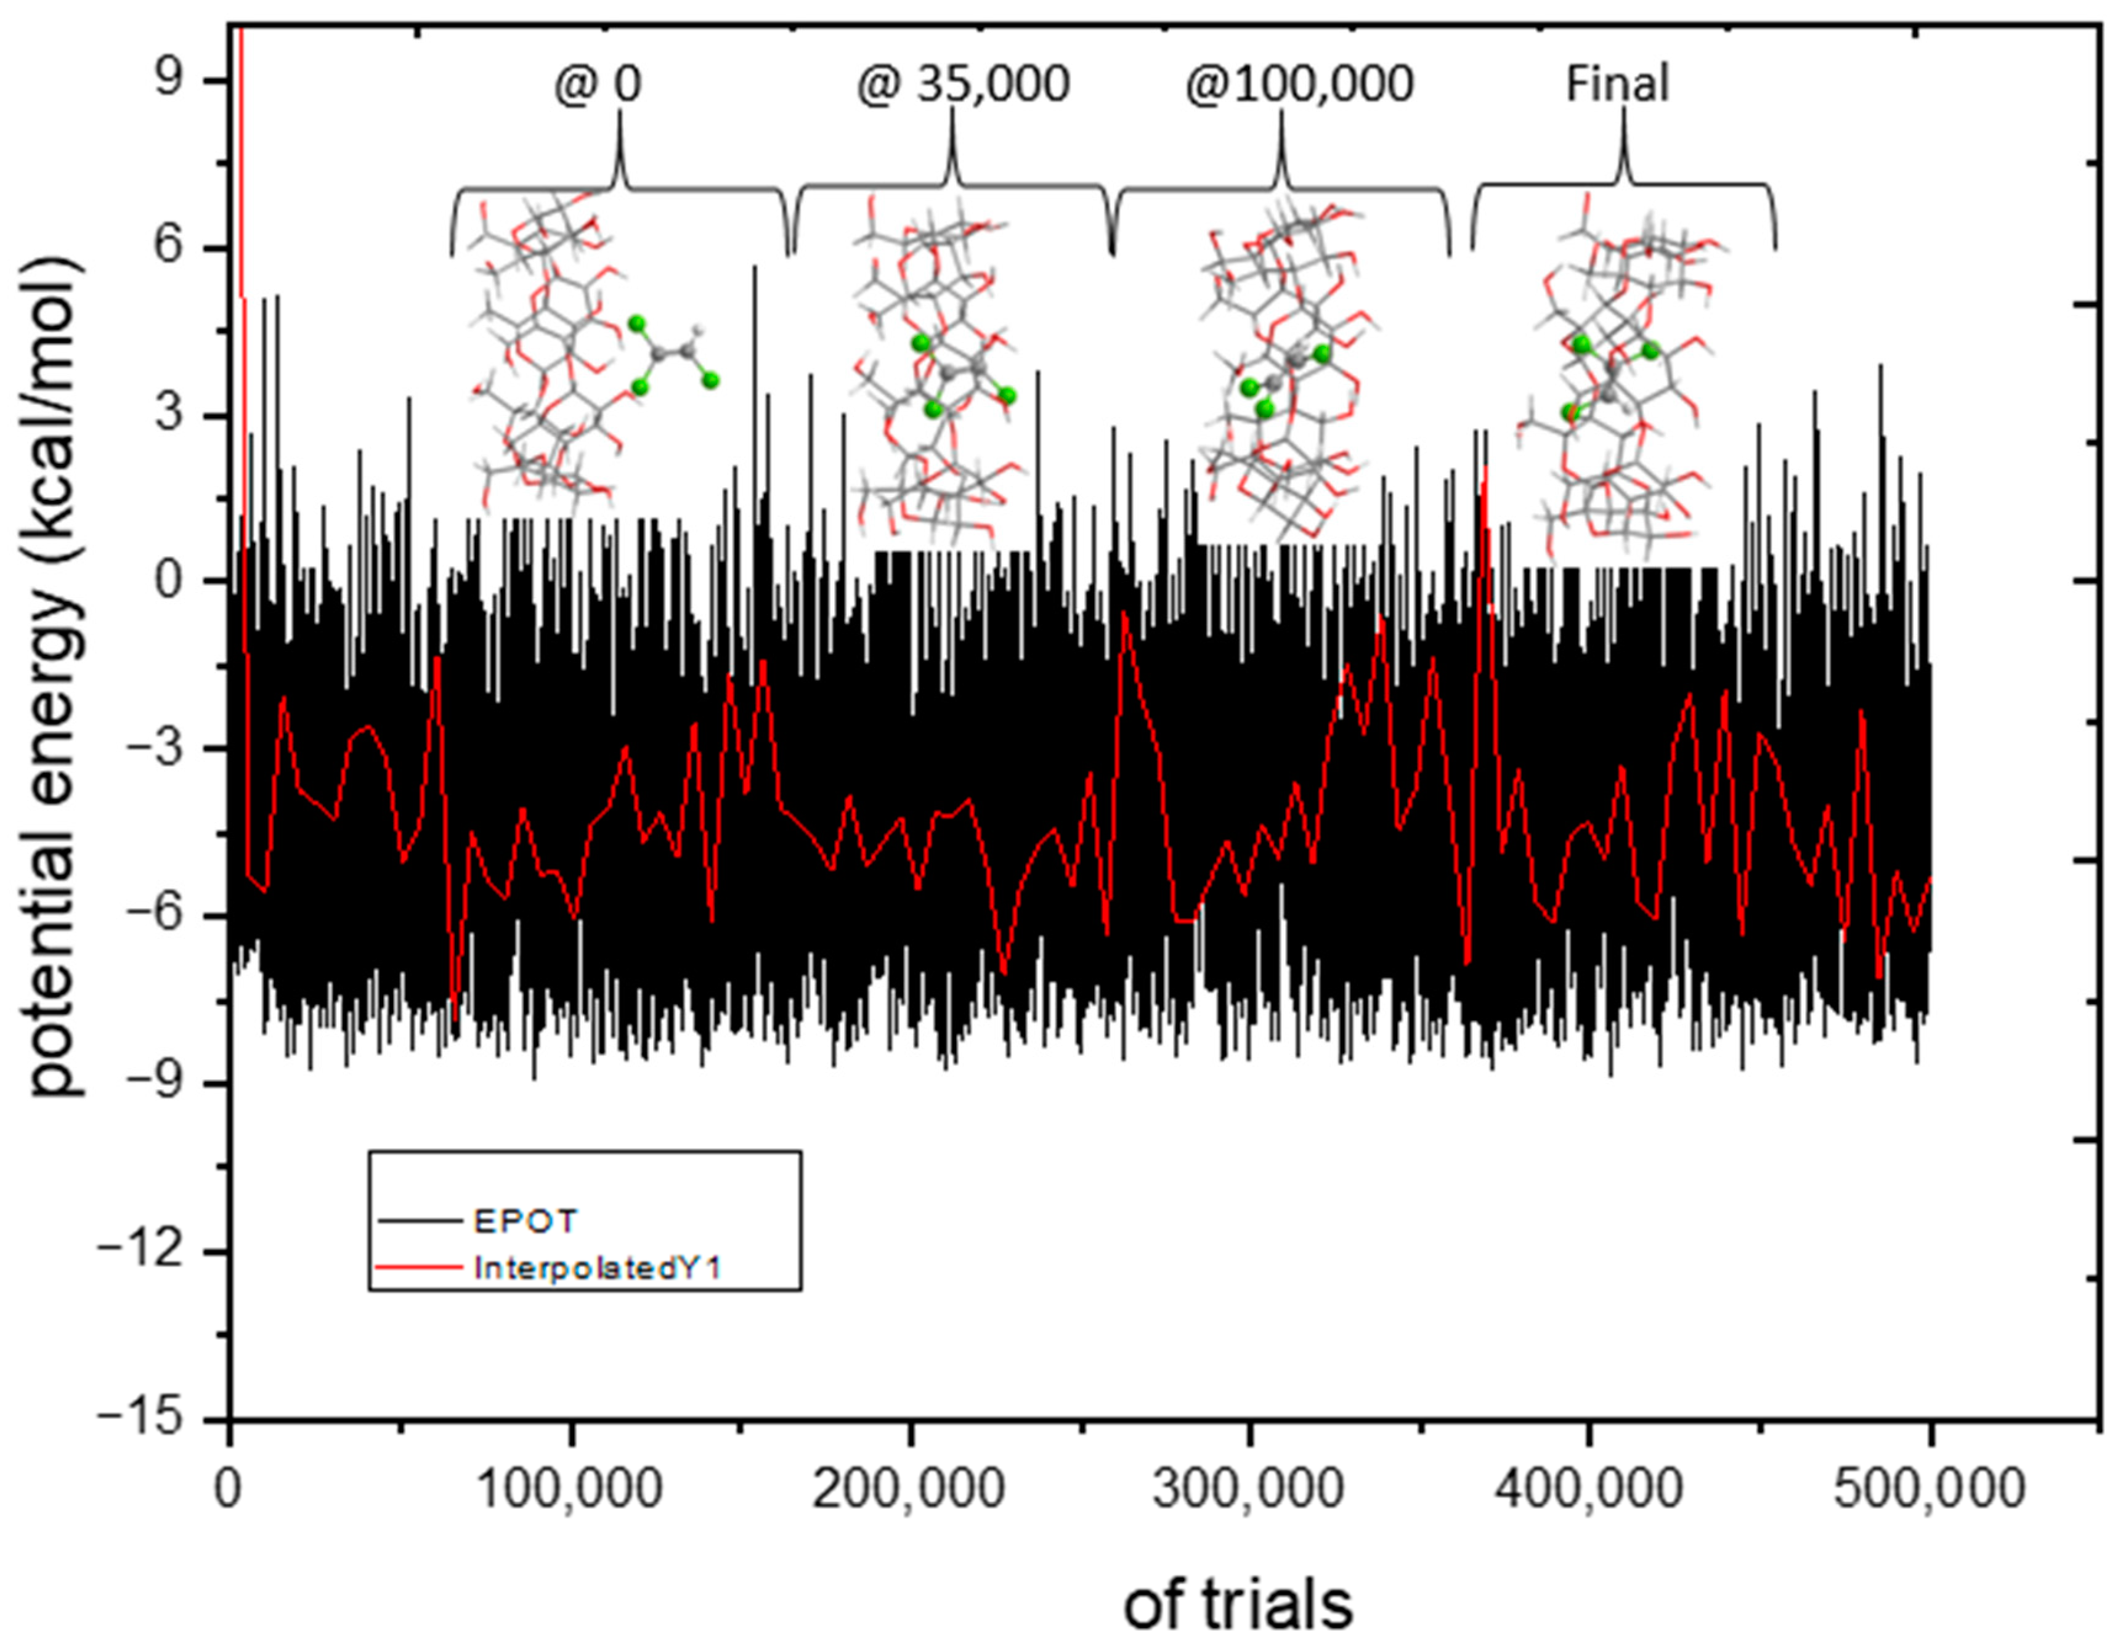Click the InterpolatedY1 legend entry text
click(x=598, y=1269)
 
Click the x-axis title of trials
click(x=1238, y=1605)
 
